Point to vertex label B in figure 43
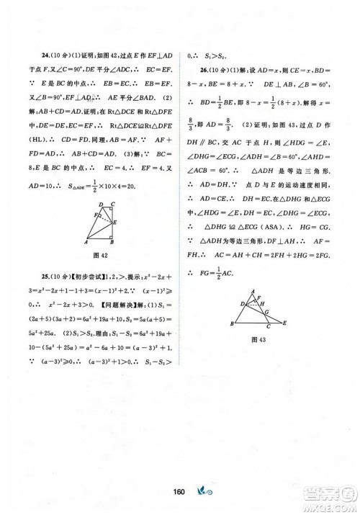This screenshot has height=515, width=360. pyautogui.click(x=233, y=323)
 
